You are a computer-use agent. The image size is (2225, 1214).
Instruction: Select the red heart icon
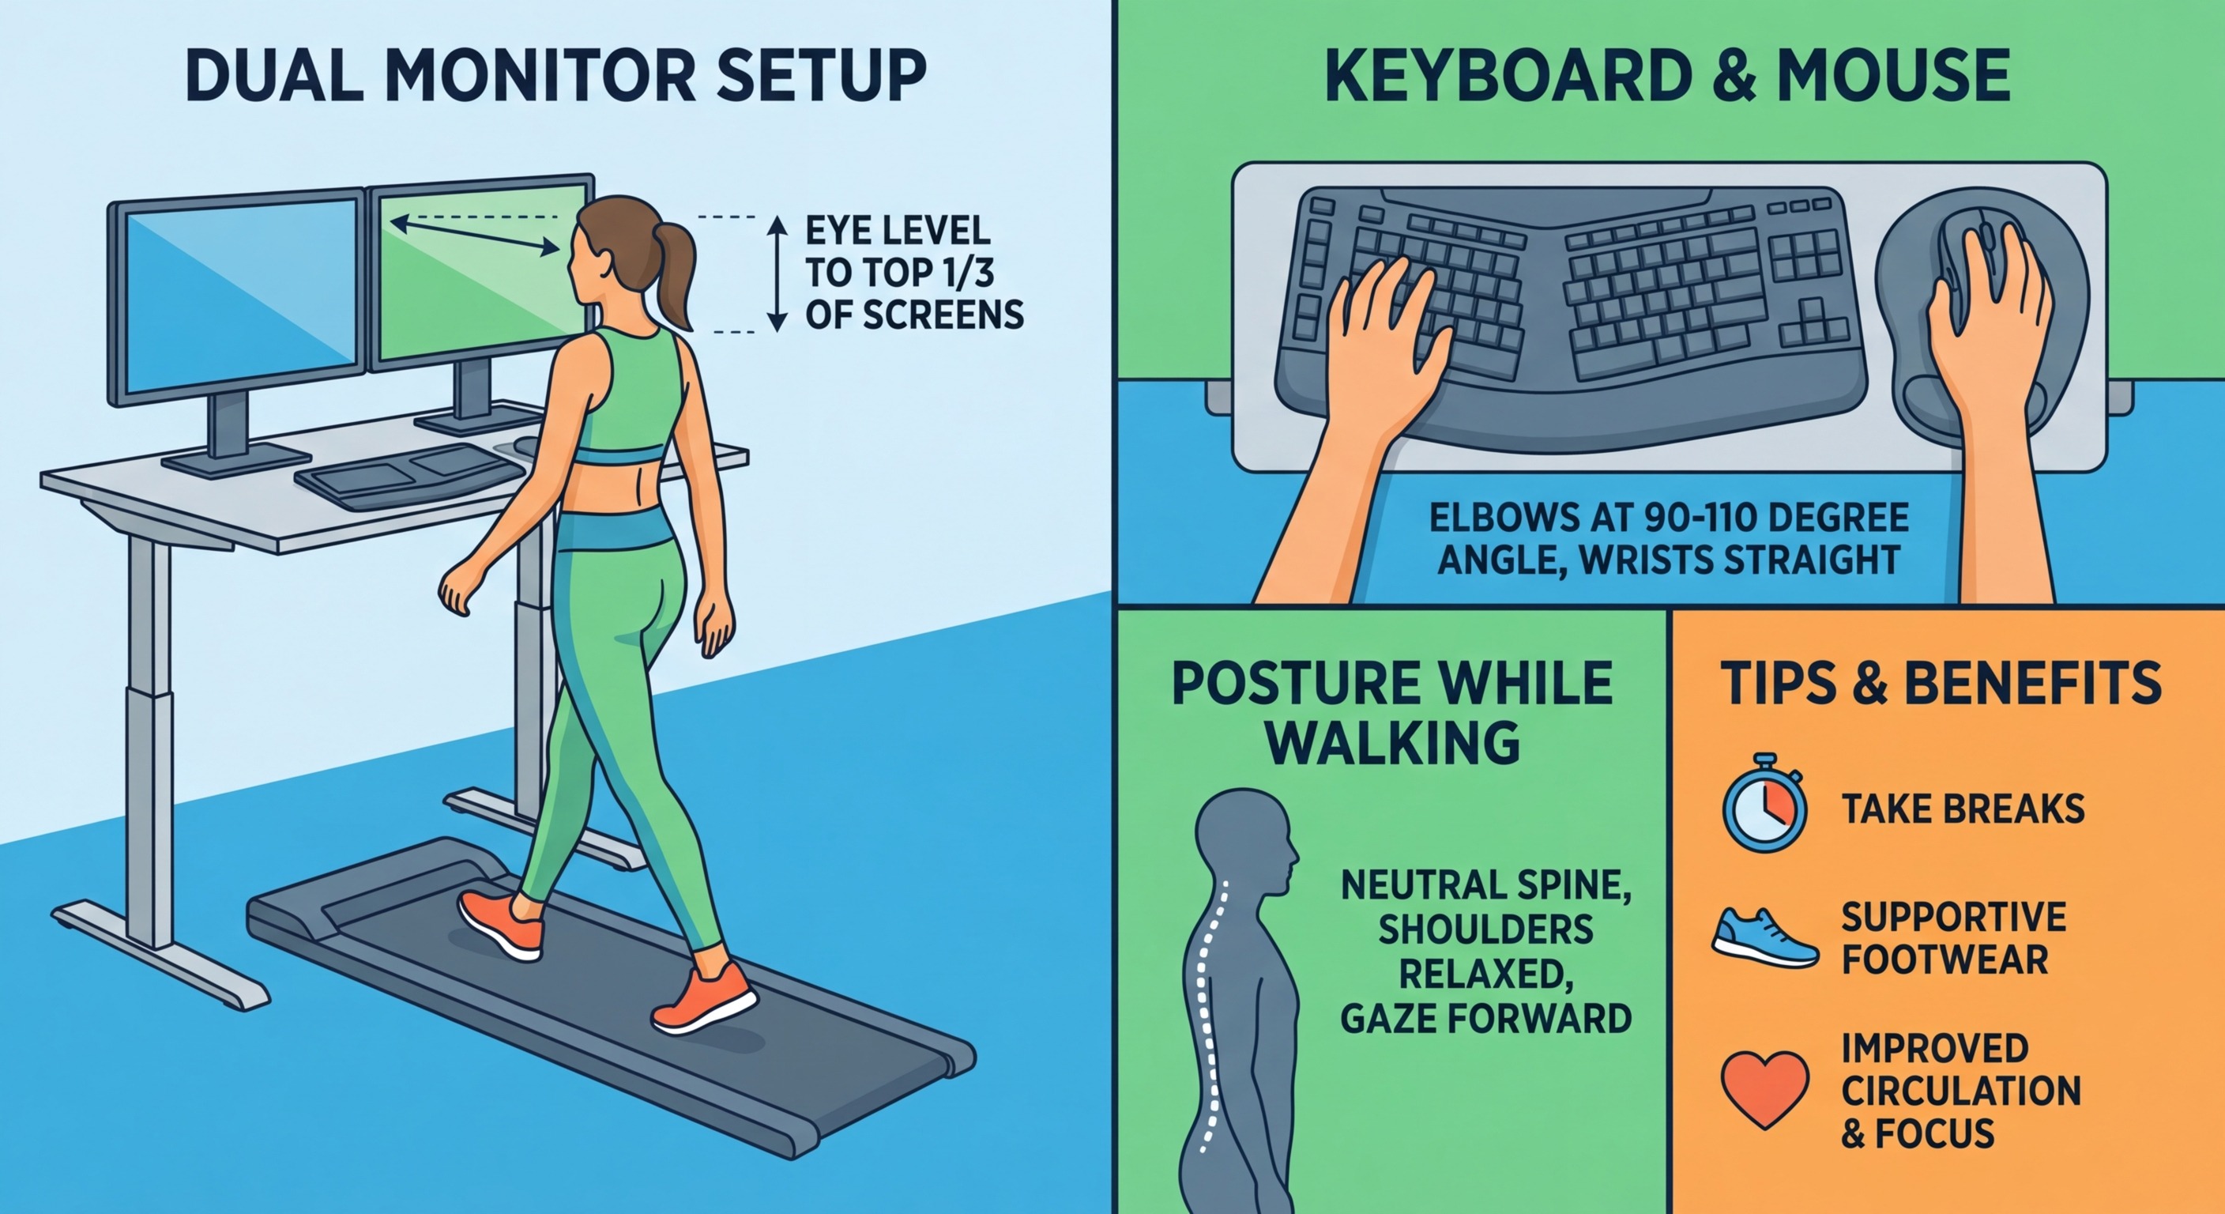(x=1764, y=1087)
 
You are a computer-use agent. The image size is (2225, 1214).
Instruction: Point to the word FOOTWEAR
(x=1945, y=959)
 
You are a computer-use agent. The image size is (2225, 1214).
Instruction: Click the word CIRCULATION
(x=1960, y=1091)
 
